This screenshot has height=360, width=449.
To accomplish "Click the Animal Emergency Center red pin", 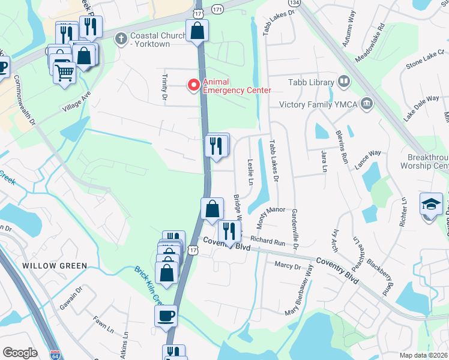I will click(194, 86).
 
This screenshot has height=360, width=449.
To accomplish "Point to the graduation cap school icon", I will click(431, 205).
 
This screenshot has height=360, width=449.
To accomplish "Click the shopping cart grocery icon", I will click(64, 73).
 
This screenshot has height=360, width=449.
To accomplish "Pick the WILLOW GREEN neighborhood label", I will click(55, 265).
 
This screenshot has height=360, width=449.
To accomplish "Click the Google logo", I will click(20, 353).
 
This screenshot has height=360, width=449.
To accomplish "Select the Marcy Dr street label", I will click(288, 265).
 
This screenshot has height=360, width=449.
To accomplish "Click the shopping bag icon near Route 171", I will click(197, 31).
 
